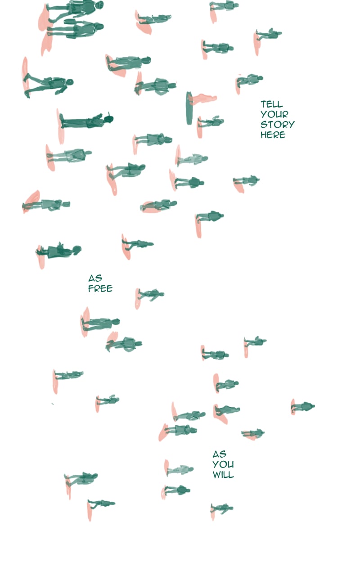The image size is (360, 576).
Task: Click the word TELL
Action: pyautogui.click(x=271, y=104)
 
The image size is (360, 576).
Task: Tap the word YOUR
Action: pyautogui.click(x=274, y=114)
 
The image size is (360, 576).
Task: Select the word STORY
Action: pyautogui.click(x=278, y=125)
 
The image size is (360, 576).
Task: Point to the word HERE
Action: pyautogui.click(x=273, y=135)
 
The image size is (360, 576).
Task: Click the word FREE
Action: pyautogui.click(x=100, y=288)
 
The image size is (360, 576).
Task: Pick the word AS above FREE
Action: pyautogui.click(x=95, y=278)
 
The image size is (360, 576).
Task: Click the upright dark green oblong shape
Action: pyautogui.click(x=189, y=108)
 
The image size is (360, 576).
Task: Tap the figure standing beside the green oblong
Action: pyautogui.click(x=211, y=121)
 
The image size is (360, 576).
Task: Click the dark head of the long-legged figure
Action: pyautogui.click(x=109, y=119)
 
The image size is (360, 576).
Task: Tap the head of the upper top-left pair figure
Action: pyautogui.click(x=99, y=4)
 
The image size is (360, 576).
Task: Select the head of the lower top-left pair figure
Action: pyautogui.click(x=99, y=27)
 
